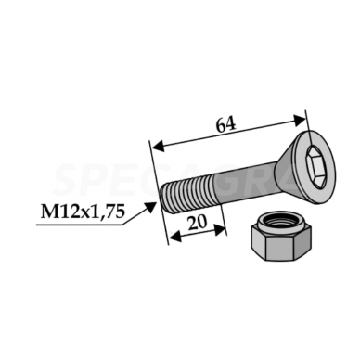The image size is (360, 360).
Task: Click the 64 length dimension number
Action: (x=225, y=124)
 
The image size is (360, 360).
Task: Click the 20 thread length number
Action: (x=197, y=223)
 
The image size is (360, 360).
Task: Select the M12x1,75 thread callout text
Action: (x=83, y=212)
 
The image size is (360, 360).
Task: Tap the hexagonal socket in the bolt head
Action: (x=315, y=167)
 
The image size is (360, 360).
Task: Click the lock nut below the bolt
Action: (x=280, y=237)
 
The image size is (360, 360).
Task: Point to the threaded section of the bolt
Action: (x=187, y=193)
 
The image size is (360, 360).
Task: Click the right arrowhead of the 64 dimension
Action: (x=299, y=120)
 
